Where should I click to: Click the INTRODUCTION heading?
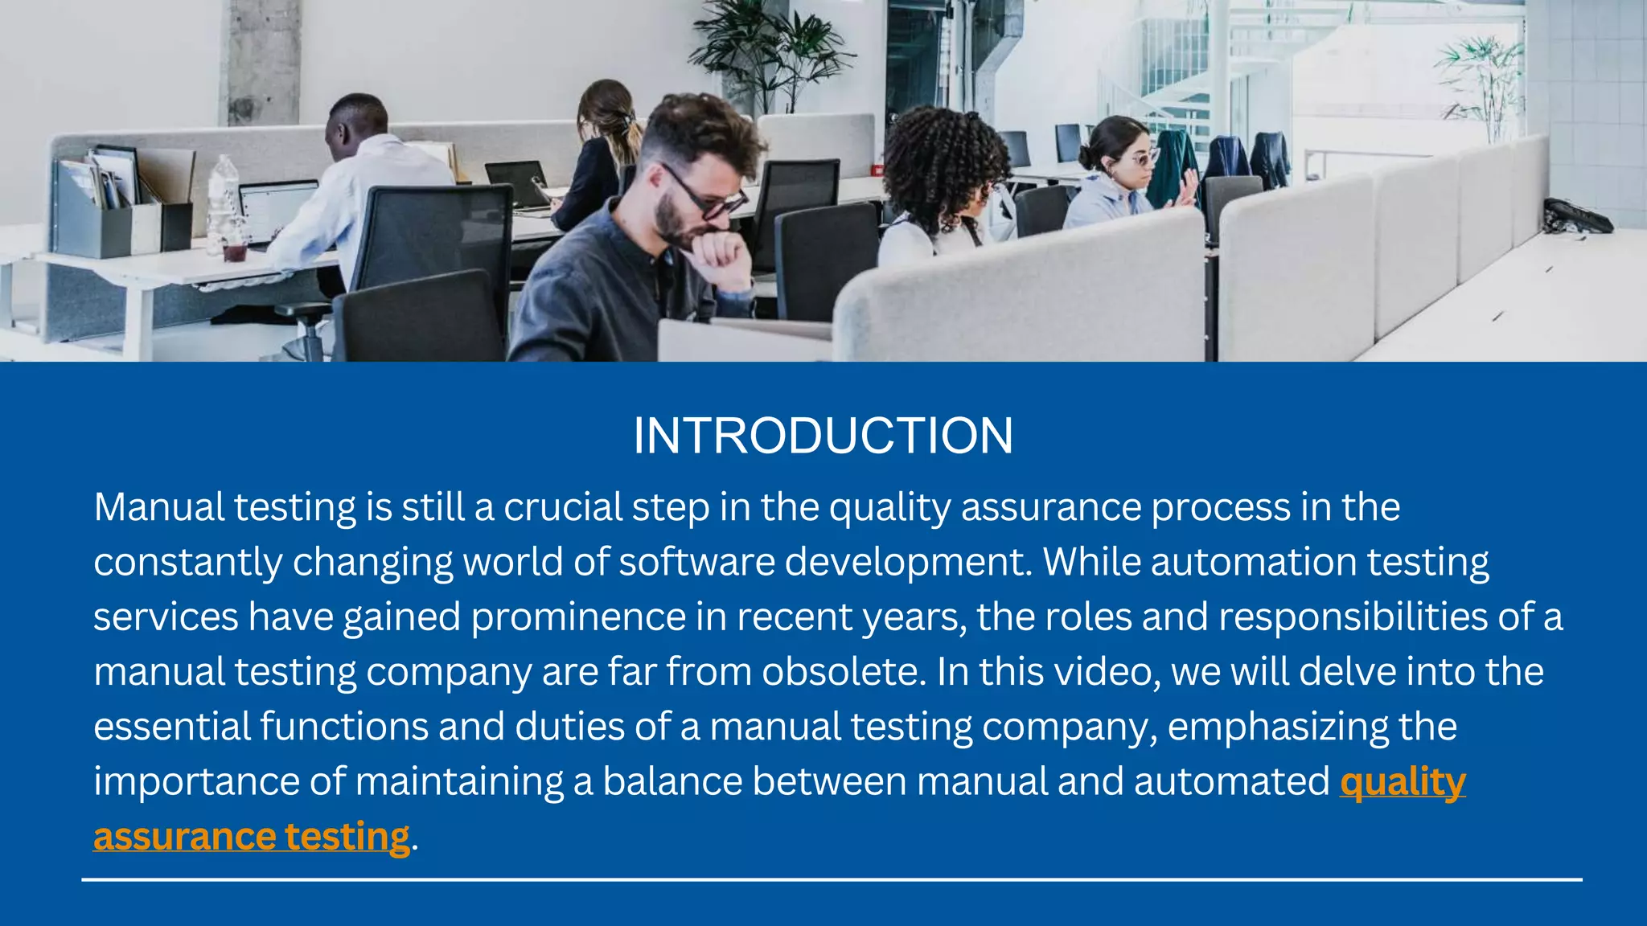823,436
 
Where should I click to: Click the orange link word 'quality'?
1403,782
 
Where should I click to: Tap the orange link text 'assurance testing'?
252,837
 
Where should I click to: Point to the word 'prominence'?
578,617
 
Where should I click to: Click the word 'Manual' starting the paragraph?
159,508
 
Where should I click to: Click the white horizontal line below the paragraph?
832,879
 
